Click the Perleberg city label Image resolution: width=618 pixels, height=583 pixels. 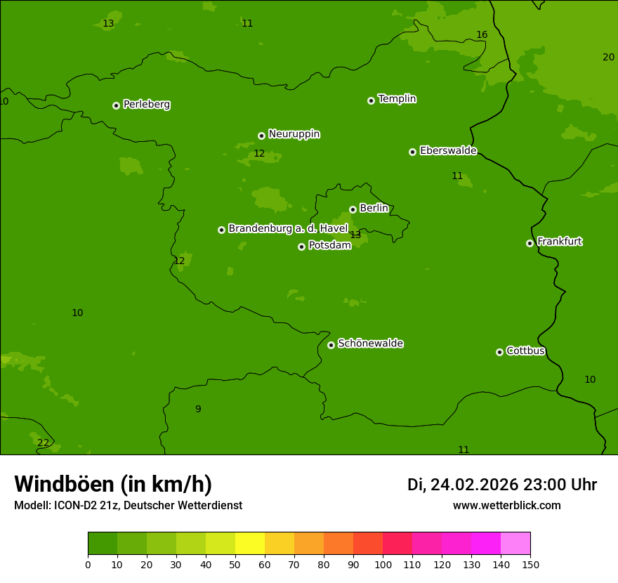click(x=146, y=105)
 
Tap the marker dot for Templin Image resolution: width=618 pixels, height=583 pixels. click(x=371, y=100)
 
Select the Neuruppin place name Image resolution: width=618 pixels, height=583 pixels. click(x=294, y=134)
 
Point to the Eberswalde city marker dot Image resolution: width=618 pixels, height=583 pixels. click(x=412, y=152)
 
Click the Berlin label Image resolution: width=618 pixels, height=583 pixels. click(x=374, y=208)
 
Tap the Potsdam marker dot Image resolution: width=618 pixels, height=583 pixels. click(x=301, y=247)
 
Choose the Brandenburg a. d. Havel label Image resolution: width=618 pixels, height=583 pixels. click(x=287, y=228)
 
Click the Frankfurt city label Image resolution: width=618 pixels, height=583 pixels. click(x=559, y=242)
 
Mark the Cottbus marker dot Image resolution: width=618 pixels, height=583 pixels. click(x=499, y=352)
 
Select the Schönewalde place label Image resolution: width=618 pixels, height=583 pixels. click(x=370, y=343)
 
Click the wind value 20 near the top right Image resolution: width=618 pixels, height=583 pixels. click(x=608, y=57)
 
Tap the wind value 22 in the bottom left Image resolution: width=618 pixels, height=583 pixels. click(x=44, y=443)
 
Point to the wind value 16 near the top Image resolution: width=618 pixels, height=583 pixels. click(x=482, y=34)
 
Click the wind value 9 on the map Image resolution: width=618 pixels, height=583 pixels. click(x=198, y=409)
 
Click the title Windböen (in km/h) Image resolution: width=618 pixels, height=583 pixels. click(x=113, y=484)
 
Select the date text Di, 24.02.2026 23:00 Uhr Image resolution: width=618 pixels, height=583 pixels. click(x=501, y=485)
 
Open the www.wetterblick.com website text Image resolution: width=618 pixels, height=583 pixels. click(x=506, y=505)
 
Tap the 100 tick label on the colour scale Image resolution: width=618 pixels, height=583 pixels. click(x=383, y=564)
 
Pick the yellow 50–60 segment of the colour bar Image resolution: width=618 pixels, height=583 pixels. click(x=250, y=544)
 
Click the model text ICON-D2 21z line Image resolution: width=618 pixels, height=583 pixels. click(x=128, y=505)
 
